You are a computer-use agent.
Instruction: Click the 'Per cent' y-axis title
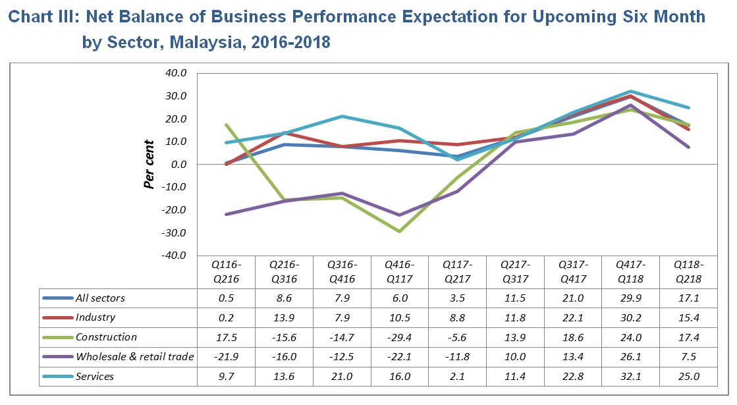[x=150, y=164]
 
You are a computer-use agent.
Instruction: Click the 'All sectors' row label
[x=100, y=298]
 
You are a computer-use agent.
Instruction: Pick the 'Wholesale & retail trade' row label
[x=135, y=357]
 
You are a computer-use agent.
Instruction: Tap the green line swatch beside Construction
[x=58, y=337]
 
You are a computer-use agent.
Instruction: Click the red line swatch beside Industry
[x=58, y=318]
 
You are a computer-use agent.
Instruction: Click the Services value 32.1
[x=630, y=377]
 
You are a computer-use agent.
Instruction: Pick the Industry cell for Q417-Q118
[x=630, y=318]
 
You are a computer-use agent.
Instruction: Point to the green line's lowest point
[x=399, y=231]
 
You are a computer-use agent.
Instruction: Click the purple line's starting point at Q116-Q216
[x=227, y=214]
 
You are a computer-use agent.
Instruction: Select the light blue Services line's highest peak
[x=630, y=92]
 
